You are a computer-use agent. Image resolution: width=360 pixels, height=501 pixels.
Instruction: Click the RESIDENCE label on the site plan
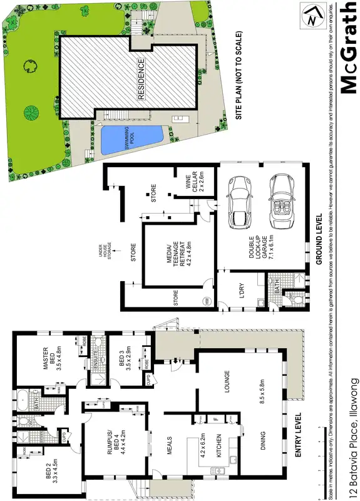(141, 81)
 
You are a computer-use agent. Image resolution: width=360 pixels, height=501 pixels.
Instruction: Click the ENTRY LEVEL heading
(297, 435)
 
